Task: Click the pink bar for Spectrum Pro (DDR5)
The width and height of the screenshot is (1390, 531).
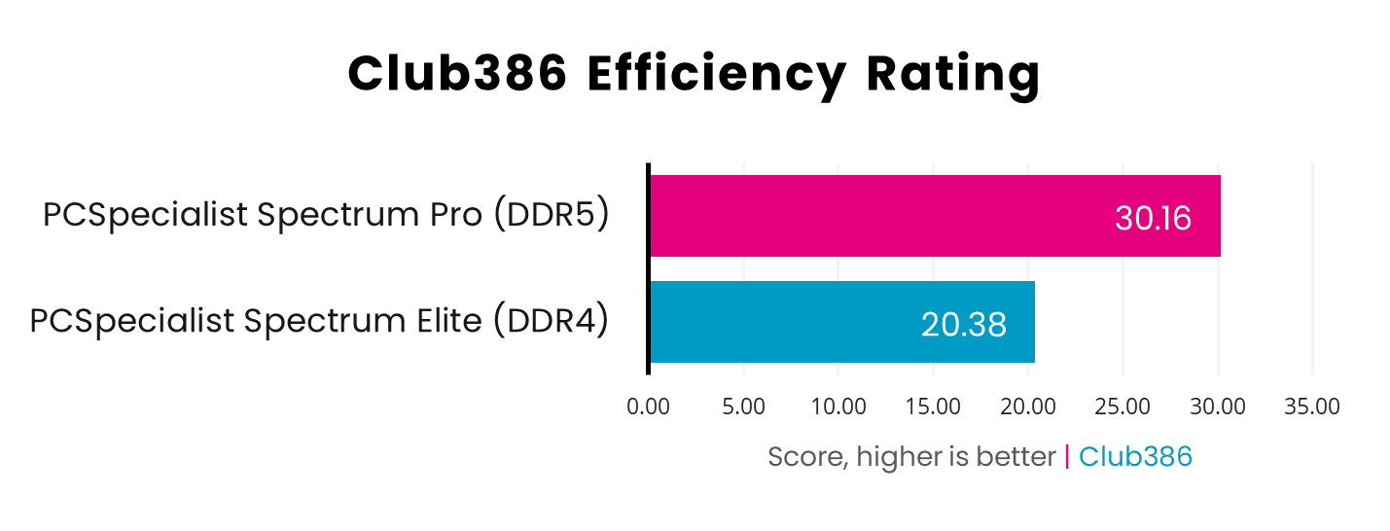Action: point(875,216)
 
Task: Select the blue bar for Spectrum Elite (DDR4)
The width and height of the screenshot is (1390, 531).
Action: point(778,322)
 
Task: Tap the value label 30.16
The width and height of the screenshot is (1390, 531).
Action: point(1153,218)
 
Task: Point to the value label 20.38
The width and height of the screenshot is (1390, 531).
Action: point(963,324)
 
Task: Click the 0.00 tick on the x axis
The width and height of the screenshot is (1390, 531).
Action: point(649,407)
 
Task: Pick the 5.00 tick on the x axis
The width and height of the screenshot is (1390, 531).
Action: point(744,407)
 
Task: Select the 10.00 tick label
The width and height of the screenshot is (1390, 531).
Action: point(838,407)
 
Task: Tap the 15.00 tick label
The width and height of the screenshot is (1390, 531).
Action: point(933,407)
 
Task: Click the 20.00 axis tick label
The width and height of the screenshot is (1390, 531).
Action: point(1028,407)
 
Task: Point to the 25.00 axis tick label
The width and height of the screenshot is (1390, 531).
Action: point(1123,407)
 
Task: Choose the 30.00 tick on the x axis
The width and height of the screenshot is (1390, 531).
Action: point(1218,407)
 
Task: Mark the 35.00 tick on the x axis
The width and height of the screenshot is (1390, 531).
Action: point(1312,407)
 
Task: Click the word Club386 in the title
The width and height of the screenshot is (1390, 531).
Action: point(457,74)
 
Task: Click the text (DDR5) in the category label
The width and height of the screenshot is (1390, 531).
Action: point(551,215)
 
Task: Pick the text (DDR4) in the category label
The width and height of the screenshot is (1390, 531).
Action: point(551,321)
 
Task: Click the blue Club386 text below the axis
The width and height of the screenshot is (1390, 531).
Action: point(1135,456)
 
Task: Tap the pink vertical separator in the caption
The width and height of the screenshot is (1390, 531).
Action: point(1067,456)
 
